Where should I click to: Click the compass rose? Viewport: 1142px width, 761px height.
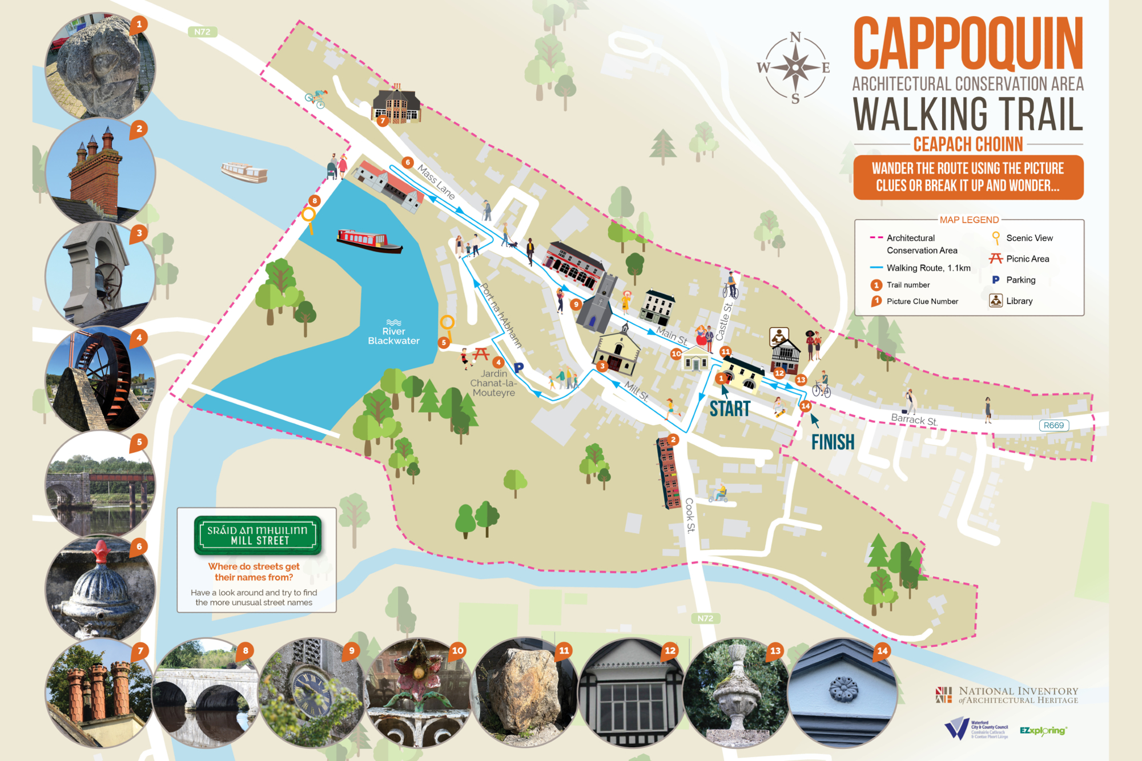click(794, 68)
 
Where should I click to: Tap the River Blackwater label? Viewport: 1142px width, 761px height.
click(393, 336)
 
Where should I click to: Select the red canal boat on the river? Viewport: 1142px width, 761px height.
click(369, 241)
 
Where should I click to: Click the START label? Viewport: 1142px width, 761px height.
click(730, 409)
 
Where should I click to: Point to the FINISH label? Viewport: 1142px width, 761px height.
click(833, 442)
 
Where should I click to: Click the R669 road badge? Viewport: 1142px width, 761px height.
click(1053, 425)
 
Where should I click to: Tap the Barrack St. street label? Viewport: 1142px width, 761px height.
click(914, 420)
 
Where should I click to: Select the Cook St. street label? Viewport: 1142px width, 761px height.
click(690, 515)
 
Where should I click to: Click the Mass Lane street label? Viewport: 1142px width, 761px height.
click(436, 182)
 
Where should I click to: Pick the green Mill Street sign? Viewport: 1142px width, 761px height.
click(258, 535)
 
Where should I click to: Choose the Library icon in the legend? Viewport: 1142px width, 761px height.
click(996, 301)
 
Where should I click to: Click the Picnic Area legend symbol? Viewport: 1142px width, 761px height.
click(996, 259)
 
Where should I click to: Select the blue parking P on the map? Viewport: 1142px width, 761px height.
click(518, 368)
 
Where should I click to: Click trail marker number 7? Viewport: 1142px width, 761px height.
click(383, 120)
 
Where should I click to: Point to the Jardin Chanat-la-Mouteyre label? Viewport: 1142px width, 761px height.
click(493, 383)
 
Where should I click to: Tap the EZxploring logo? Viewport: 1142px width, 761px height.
click(1043, 730)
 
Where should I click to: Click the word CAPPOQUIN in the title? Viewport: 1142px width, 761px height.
click(968, 45)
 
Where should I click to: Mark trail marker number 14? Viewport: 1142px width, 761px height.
click(806, 406)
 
